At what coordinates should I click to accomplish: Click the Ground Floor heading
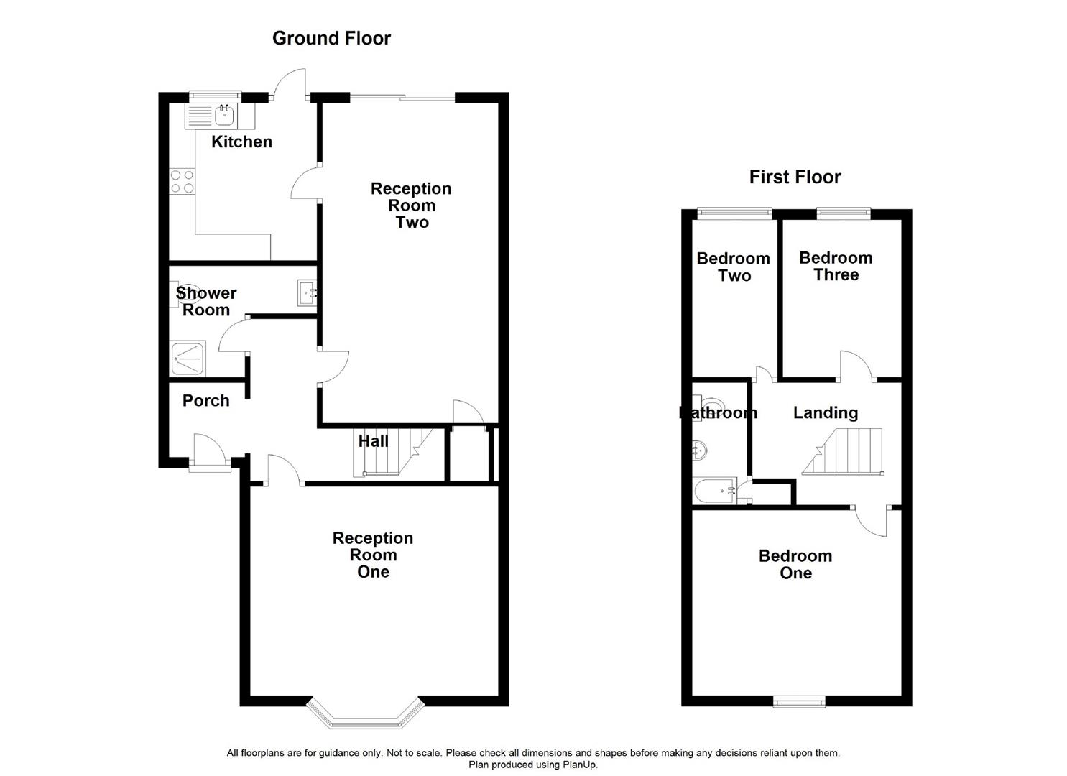tap(331, 38)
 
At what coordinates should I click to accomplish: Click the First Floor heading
tap(795, 177)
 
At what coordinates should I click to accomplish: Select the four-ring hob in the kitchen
tap(183, 182)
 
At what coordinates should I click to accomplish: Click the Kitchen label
tap(241, 142)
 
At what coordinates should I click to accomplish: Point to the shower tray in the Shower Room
tap(188, 359)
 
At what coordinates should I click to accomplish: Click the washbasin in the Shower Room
tap(306, 292)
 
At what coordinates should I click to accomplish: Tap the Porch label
tap(205, 401)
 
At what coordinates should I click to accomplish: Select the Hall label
tap(374, 441)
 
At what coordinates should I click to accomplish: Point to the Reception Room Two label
tap(411, 205)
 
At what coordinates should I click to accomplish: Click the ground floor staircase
tap(392, 452)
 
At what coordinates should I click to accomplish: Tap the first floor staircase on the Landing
tap(843, 452)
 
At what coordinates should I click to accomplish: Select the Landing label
tap(826, 412)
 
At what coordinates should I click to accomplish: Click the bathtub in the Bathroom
tap(714, 490)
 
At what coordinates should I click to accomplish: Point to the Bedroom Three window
tap(844, 213)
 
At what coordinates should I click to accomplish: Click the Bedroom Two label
tap(733, 267)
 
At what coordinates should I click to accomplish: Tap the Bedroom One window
tap(799, 702)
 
